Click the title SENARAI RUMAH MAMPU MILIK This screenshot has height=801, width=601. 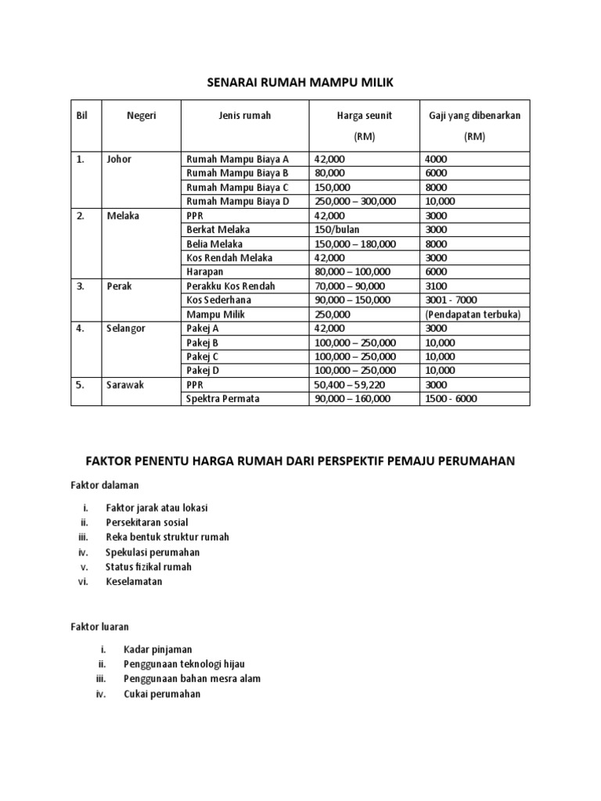300,82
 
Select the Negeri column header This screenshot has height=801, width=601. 142,116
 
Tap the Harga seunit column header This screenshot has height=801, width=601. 364,116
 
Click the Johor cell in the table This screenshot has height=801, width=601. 119,159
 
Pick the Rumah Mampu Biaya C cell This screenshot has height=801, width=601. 237,187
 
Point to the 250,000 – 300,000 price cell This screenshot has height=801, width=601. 354,201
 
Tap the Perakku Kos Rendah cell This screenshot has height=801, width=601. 231,286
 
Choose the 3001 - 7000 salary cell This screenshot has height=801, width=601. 451,300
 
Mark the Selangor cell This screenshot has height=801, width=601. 126,329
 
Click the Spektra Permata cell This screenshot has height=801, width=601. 223,399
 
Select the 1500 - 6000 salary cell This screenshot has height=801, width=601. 451,399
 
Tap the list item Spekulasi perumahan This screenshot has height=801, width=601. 153,551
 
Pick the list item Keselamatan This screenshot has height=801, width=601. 135,581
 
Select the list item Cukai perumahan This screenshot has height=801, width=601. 162,693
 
